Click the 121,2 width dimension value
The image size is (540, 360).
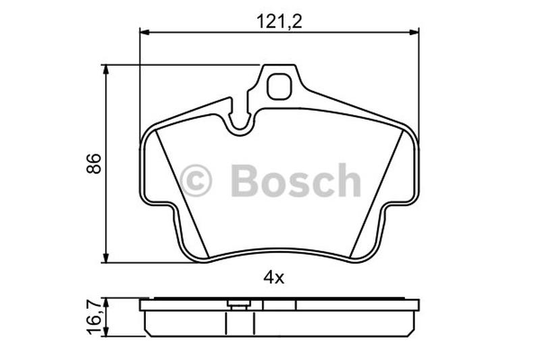click(279, 22)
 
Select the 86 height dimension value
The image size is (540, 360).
click(94, 163)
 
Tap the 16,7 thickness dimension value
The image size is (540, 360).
click(93, 317)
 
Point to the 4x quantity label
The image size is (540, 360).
click(274, 278)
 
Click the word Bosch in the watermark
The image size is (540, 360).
click(296, 180)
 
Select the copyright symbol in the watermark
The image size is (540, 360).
click(196, 180)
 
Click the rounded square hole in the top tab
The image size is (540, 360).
click(279, 86)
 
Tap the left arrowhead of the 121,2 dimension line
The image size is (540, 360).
click(144, 32)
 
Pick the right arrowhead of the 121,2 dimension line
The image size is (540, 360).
click(414, 32)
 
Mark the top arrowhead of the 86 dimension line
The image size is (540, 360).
click(106, 70)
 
